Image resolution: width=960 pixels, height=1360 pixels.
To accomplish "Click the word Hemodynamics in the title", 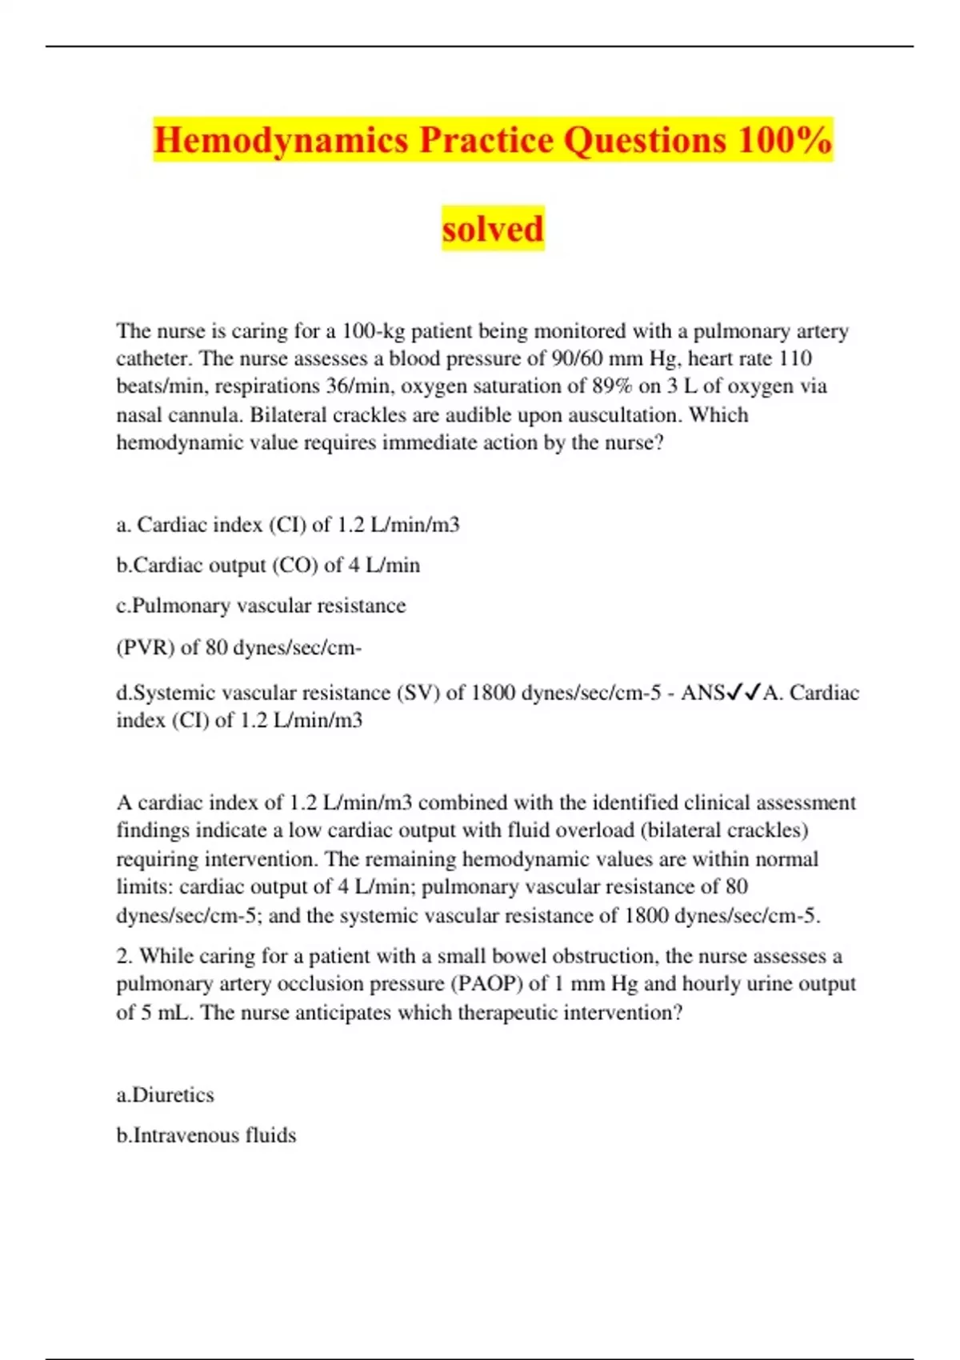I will [282, 140].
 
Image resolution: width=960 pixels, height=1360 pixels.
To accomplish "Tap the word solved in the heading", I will [493, 229].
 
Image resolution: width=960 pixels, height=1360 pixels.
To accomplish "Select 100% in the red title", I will [784, 140].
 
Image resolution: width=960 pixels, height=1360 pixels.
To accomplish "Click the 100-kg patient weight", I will [374, 331].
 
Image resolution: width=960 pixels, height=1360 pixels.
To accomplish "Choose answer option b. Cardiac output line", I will [268, 566].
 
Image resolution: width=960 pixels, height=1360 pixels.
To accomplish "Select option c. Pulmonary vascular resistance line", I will [261, 606].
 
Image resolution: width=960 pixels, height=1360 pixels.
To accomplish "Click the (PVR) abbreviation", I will [145, 648].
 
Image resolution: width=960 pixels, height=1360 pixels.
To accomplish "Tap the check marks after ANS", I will [742, 693].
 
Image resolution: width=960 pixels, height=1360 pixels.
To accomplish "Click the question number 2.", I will [123, 956].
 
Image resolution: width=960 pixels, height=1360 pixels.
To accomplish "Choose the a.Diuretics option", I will [165, 1095].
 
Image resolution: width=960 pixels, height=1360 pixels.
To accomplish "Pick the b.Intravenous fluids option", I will [206, 1136].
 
